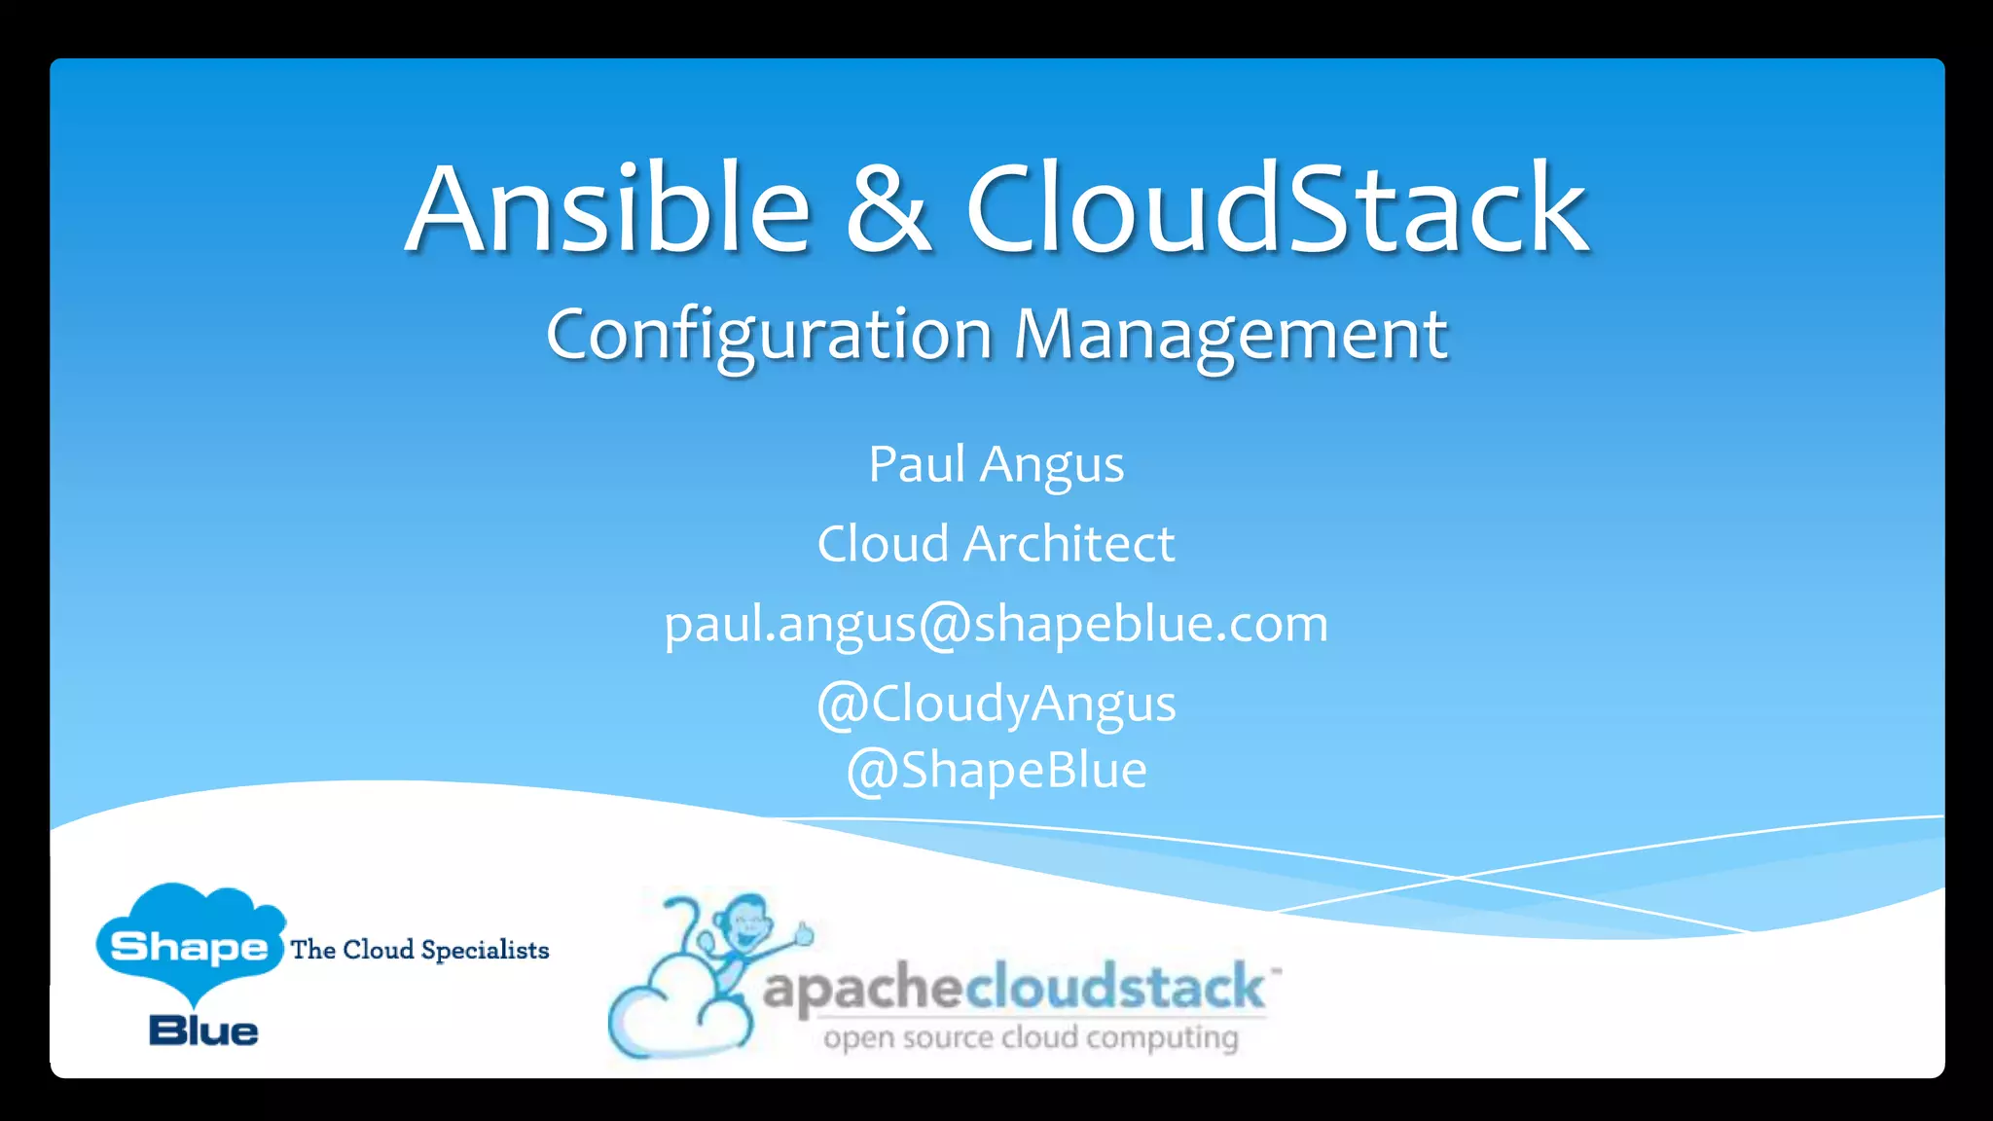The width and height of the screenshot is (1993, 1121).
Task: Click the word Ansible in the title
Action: coord(608,209)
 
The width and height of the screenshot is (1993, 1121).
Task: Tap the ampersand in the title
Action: coord(888,209)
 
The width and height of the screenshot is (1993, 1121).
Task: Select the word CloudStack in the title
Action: coord(1277,209)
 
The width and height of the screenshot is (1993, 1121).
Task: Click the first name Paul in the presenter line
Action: coord(916,464)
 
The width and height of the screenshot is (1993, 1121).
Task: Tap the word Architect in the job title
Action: coord(1069,543)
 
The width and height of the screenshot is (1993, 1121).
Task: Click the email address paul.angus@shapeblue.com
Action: coord(996,625)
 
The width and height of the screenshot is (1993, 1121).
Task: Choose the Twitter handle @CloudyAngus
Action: coord(996,704)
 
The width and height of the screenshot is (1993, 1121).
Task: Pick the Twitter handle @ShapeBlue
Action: coord(996,771)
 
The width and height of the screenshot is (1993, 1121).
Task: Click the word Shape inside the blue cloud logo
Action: coord(189,946)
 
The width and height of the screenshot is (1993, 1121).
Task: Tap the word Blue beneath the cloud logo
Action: coord(203,1031)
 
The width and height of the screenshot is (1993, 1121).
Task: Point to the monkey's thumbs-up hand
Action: coord(803,934)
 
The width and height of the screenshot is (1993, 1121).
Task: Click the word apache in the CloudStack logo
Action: coord(862,989)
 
